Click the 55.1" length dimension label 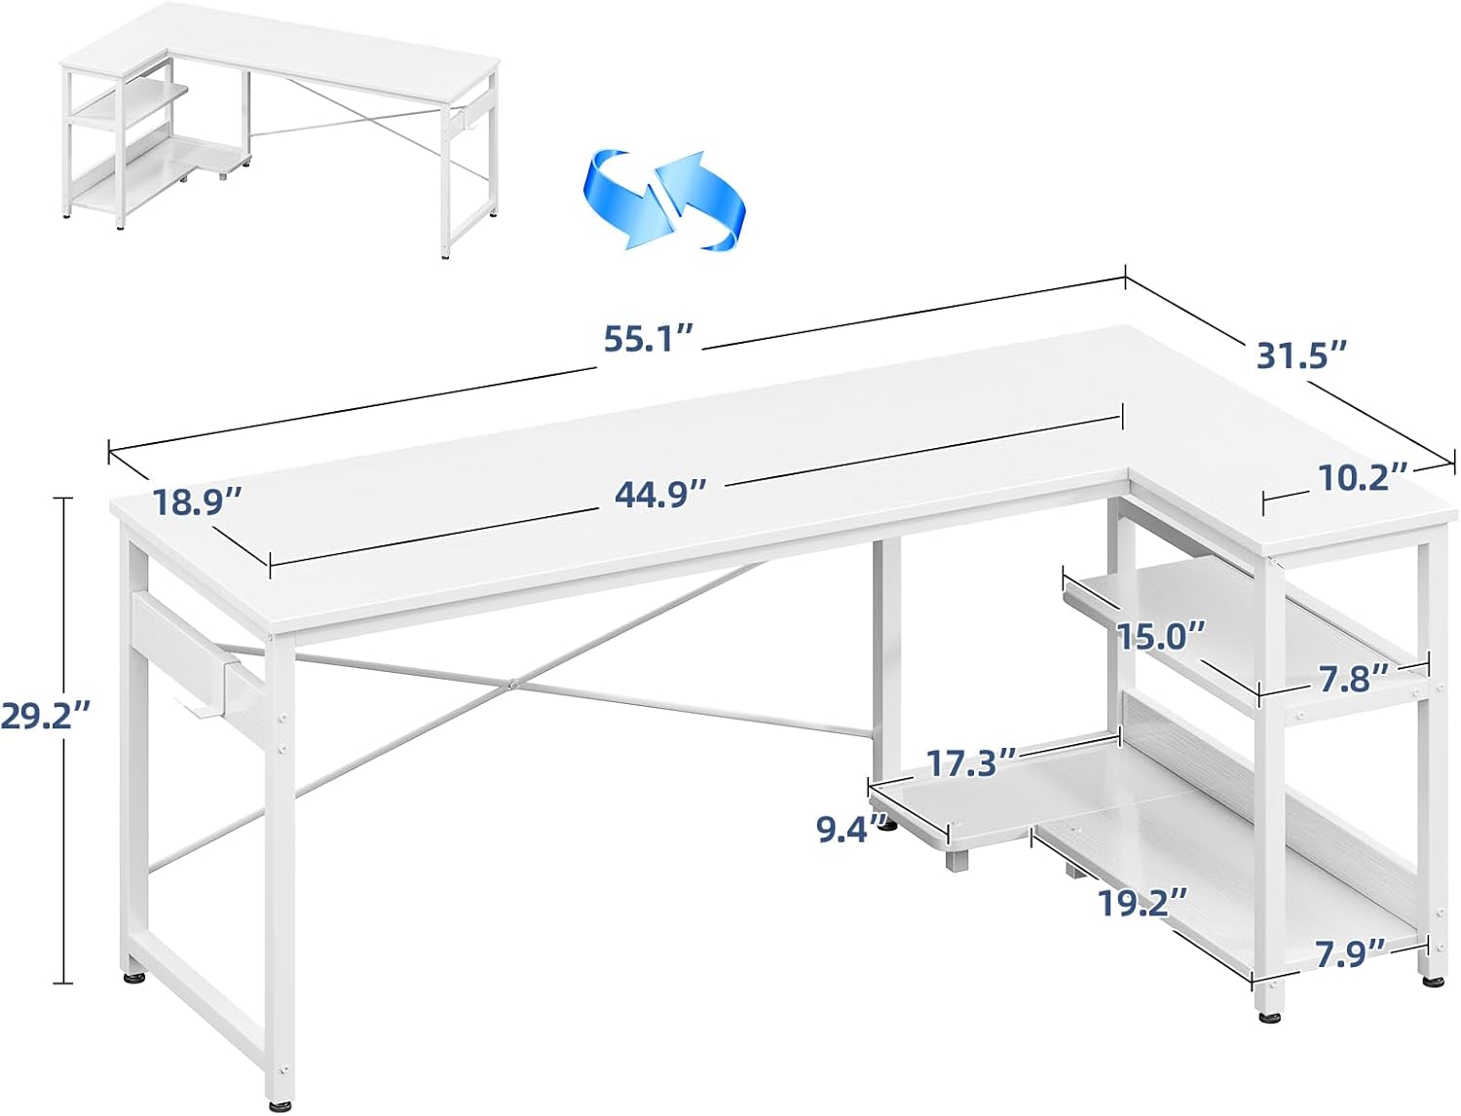649,340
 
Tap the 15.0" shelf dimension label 1161,637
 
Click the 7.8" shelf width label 1344,680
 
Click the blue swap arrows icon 664,200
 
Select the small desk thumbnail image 281,130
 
